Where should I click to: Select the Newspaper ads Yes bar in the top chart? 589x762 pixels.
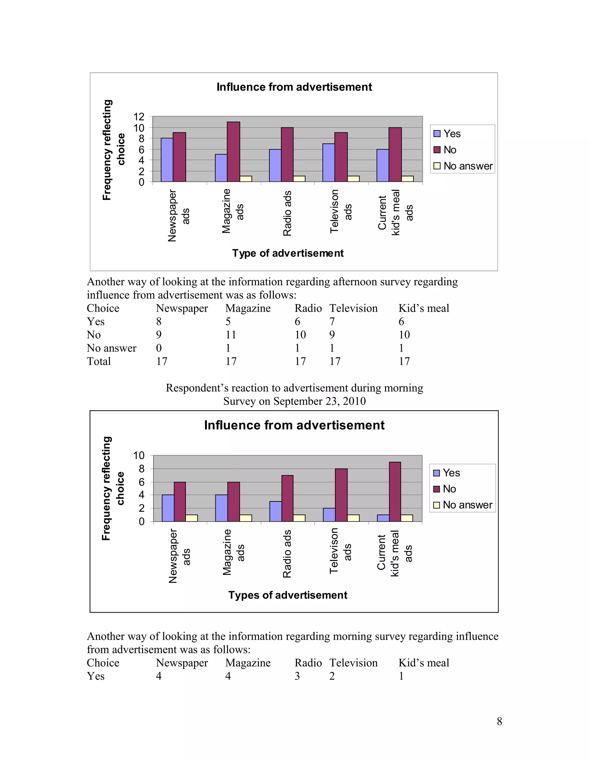tap(167, 160)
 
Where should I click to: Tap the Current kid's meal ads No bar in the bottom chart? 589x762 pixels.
tap(395, 492)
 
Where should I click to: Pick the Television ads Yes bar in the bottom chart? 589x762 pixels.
tap(329, 515)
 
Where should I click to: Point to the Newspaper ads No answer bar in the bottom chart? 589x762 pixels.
tap(192, 518)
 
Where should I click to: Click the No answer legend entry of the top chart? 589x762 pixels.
tap(463, 166)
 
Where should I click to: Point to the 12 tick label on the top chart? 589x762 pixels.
tap(139, 116)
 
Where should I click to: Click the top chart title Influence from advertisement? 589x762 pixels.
tap(294, 87)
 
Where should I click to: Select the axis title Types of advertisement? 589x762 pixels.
tap(288, 595)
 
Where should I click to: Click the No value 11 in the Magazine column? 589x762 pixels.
tap(231, 335)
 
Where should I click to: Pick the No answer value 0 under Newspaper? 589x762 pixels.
tap(159, 348)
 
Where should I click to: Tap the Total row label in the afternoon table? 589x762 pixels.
tap(99, 361)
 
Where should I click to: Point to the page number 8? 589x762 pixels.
tap(499, 721)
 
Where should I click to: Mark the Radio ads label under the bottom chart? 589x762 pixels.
tap(287, 554)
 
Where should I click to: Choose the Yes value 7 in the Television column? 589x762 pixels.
tap(332, 321)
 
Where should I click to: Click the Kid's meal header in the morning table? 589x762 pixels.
tap(424, 663)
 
